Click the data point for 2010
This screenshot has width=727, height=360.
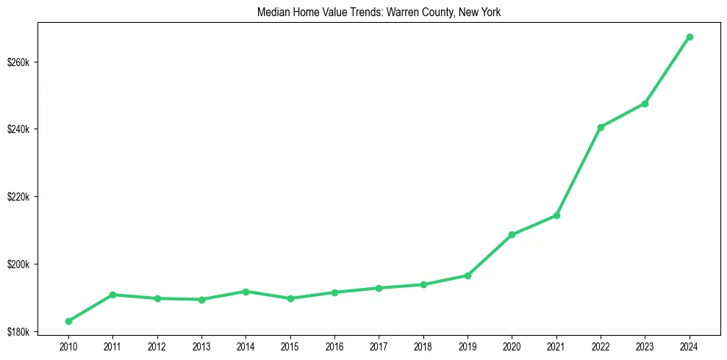coord(68,321)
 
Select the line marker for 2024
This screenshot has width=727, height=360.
coord(690,37)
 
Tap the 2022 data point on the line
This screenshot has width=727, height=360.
coord(601,127)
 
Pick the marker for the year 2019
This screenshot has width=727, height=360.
coord(468,276)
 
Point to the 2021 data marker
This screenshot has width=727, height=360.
coord(556,215)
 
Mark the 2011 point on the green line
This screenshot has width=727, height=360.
coord(112,295)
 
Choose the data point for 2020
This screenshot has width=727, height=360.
coord(512,234)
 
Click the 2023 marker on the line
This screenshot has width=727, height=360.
coord(645,104)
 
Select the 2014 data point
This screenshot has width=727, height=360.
coord(246,292)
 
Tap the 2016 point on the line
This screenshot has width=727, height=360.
coord(334,292)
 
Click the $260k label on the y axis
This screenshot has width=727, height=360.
coord(18,62)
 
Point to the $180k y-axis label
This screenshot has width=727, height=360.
coord(18,332)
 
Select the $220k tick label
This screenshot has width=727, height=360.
coord(18,197)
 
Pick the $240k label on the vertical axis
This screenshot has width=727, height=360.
coord(18,129)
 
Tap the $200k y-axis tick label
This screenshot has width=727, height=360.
coord(18,264)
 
